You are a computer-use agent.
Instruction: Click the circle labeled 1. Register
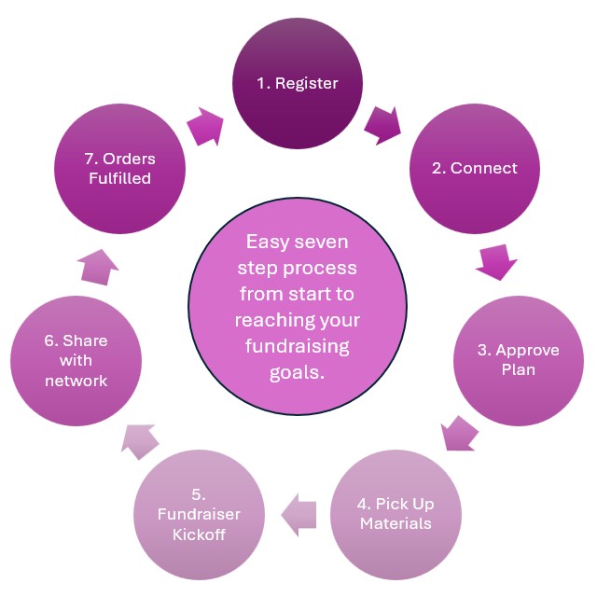click(x=298, y=84)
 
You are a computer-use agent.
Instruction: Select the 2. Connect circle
click(x=474, y=169)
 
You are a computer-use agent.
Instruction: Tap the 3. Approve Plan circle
click(x=518, y=360)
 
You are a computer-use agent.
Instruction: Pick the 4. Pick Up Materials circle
click(x=396, y=513)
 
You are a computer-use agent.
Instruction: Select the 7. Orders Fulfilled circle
click(x=119, y=169)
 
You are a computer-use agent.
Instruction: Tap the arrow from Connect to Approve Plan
click(x=496, y=261)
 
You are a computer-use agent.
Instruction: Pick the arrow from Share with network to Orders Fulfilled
click(x=99, y=268)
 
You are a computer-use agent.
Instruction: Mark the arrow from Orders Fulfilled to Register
click(x=207, y=127)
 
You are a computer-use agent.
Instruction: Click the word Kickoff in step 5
click(x=200, y=535)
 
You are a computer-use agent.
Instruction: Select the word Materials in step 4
click(x=396, y=523)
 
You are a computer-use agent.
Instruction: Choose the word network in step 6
click(x=76, y=381)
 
